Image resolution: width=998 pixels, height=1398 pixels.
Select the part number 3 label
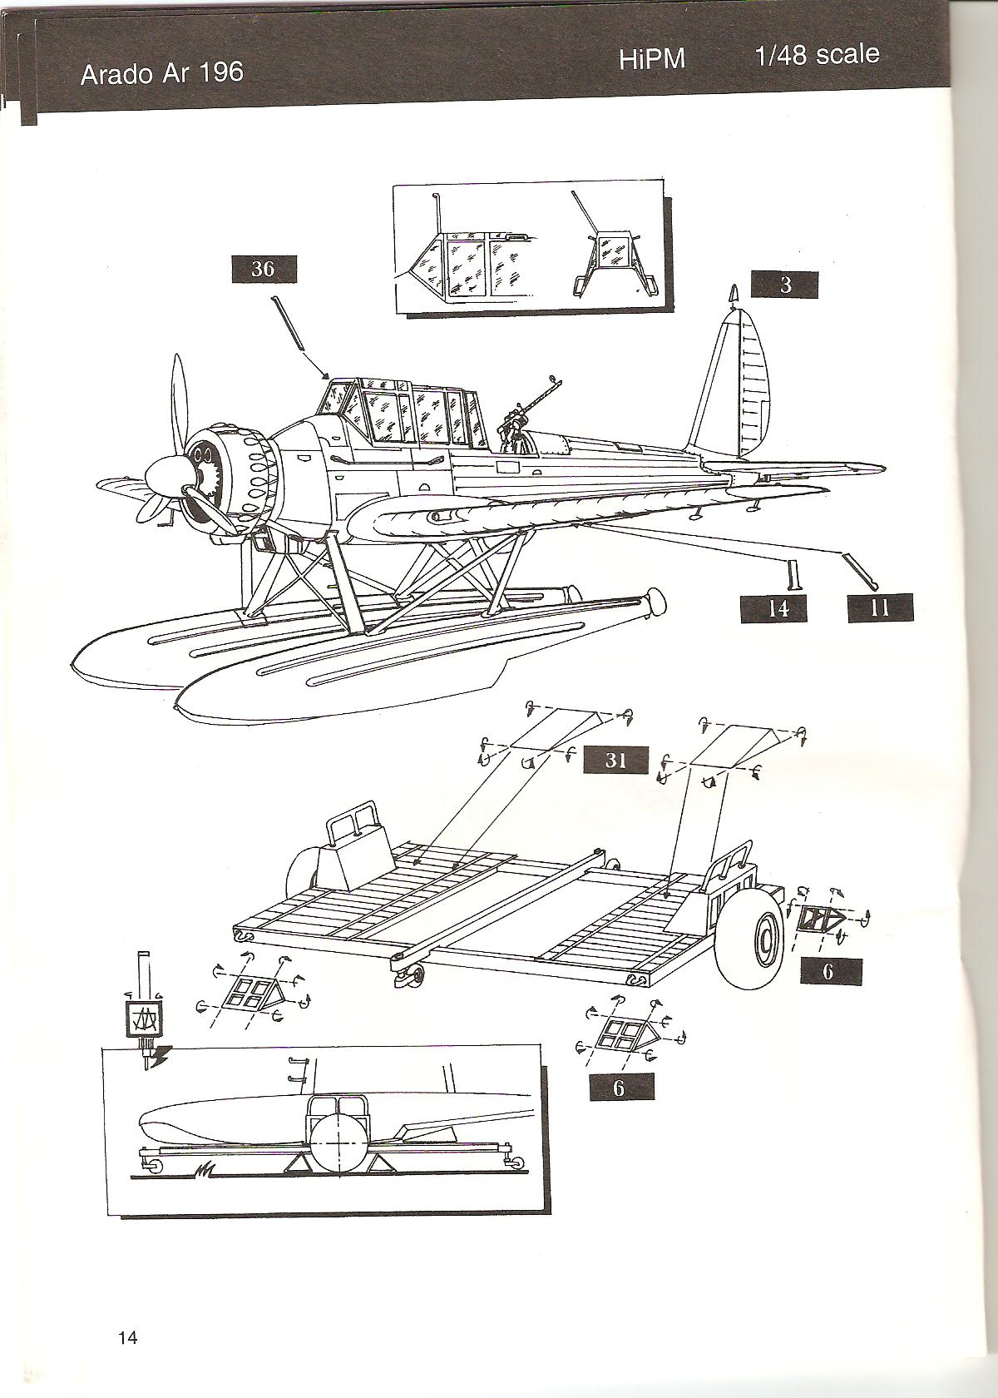click(784, 285)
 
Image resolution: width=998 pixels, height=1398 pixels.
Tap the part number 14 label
click(777, 608)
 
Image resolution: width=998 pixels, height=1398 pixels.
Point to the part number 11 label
click(879, 608)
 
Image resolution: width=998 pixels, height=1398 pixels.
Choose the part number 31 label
click(615, 760)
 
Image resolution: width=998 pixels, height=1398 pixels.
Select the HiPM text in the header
click(652, 61)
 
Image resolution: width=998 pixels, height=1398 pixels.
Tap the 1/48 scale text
click(817, 56)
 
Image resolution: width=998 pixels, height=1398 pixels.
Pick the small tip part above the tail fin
click(733, 295)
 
